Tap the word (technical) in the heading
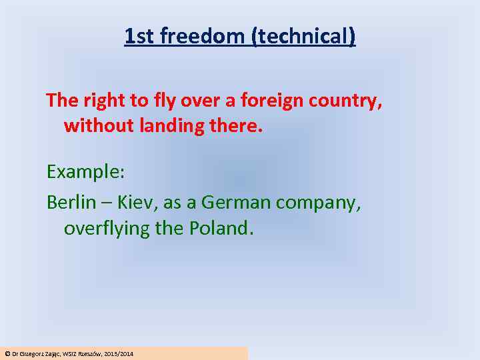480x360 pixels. (x=303, y=36)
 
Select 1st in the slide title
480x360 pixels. (x=137, y=36)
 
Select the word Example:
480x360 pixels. (x=85, y=172)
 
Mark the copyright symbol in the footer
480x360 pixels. (x=7, y=353)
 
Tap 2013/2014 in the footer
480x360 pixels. (x=119, y=353)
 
